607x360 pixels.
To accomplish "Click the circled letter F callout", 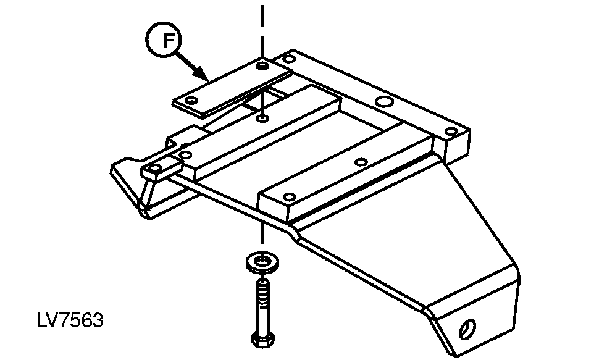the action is (164, 40).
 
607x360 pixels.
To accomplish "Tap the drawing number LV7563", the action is (70, 320).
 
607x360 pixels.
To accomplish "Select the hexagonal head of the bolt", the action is (263, 339).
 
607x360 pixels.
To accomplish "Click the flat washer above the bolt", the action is (263, 262).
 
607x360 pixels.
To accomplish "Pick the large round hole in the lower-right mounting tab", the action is (467, 329).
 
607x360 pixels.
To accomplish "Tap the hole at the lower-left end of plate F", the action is (191, 101).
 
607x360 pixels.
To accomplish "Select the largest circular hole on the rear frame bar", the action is (385, 102).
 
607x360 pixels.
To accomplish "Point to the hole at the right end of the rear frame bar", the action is (451, 132).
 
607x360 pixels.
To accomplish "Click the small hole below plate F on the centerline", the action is (263, 118).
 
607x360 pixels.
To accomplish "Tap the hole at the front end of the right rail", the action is (289, 197).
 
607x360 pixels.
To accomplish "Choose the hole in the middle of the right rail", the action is (361, 162).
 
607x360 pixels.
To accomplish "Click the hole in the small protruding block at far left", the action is (155, 168).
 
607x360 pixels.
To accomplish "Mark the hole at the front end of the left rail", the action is (186, 156).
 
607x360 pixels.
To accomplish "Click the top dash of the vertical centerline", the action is (263, 15).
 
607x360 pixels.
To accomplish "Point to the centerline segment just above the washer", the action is (263, 233).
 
